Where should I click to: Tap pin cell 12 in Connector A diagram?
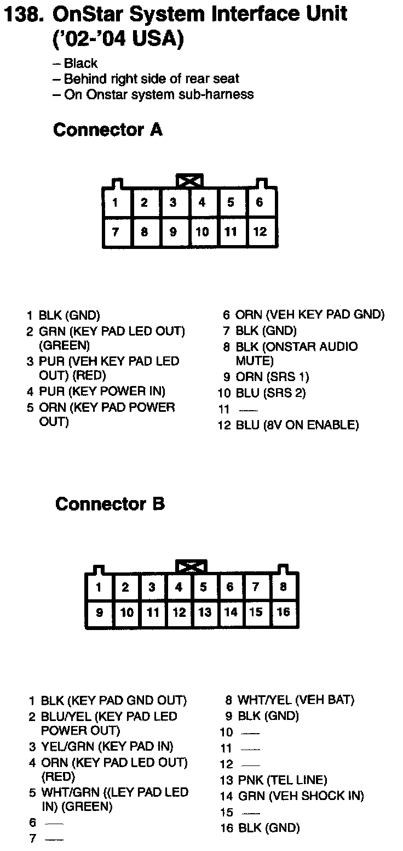(x=260, y=232)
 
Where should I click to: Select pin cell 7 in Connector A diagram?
(x=116, y=232)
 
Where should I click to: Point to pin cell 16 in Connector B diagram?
(x=283, y=611)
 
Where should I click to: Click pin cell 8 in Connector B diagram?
(x=283, y=587)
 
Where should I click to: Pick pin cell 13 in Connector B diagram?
(x=204, y=611)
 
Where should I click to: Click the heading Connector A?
(x=108, y=130)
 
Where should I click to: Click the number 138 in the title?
(x=23, y=15)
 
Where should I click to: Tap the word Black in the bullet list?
(x=80, y=64)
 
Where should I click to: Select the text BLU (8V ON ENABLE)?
(x=297, y=425)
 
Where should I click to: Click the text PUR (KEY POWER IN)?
(x=102, y=392)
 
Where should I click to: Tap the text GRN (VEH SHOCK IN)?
(x=301, y=796)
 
